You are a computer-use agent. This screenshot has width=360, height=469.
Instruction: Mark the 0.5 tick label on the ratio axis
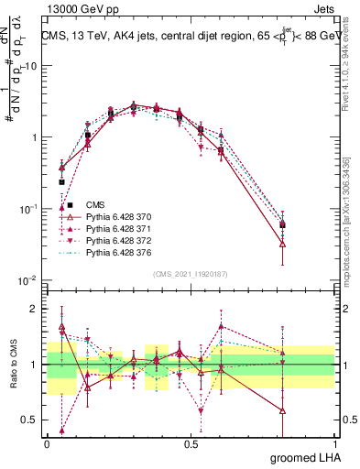click(36, 420)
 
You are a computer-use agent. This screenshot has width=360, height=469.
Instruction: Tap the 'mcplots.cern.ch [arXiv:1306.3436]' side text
click(352, 206)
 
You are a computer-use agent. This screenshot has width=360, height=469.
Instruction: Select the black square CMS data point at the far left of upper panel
click(62, 182)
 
